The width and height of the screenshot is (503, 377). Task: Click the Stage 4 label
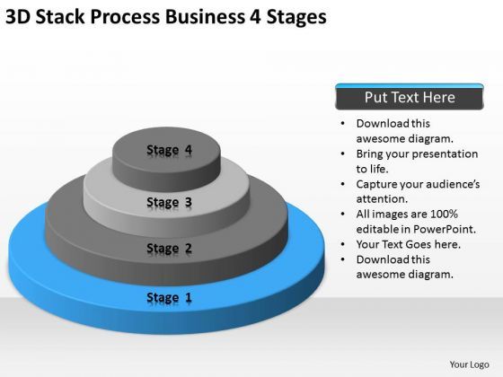coord(169,150)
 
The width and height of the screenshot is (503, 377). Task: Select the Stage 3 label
coord(168,202)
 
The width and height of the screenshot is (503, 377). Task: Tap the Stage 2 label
coord(168,248)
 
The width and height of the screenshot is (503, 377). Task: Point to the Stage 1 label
coord(168,297)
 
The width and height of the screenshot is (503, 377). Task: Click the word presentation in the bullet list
coord(442,153)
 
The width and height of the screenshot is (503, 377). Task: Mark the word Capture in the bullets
coord(379,184)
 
